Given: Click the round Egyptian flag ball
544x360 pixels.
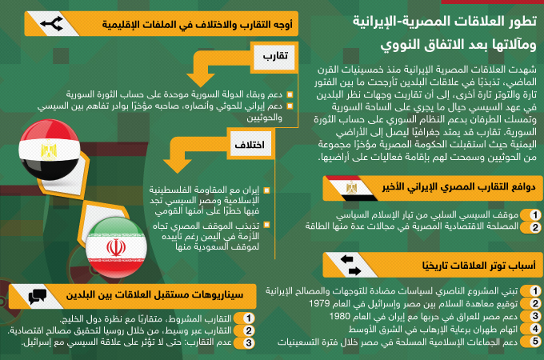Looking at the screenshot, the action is coord(50,150).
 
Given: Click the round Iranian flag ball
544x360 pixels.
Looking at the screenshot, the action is coord(116,248).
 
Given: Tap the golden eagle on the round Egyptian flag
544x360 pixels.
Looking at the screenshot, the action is coord(49,150).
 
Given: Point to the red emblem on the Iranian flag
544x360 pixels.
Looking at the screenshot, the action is coord(116,247).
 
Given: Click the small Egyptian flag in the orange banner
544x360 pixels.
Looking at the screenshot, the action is coord(351,188).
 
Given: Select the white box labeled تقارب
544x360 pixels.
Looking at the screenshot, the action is coord(274,56).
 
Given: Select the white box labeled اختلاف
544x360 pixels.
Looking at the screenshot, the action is coord(250,144).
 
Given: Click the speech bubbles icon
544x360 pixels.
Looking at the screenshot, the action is coord(38,297).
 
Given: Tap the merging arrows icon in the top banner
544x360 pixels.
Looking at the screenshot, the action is coord(52,24).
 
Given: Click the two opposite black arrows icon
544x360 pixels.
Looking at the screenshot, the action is coord(350,265).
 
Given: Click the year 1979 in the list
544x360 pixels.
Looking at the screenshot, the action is coord(319,303).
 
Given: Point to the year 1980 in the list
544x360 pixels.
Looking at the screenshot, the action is coord(339,316).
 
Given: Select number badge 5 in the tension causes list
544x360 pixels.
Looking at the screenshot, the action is coord(535,342).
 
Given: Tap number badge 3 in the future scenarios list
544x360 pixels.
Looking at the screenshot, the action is coord(249,343).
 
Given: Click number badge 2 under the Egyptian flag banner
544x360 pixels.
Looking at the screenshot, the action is coord(535,227).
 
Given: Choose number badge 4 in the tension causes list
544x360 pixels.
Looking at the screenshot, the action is coord(535,329).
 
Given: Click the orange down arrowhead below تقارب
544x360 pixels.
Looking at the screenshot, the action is coord(200,80).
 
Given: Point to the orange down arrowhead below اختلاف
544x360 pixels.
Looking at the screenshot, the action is coord(178,166).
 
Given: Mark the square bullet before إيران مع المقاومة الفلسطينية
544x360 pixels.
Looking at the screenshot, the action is coord(266,190).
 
